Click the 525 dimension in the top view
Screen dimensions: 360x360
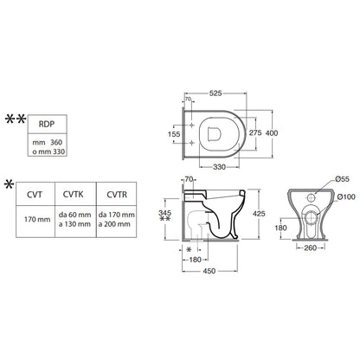click(215, 93)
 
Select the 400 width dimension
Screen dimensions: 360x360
click(272, 133)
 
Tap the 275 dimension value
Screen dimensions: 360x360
click(255, 132)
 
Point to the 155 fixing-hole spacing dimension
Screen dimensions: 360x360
click(174, 134)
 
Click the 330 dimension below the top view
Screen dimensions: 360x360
click(219, 167)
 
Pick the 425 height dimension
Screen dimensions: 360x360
click(259, 214)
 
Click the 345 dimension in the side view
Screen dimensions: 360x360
click(164, 213)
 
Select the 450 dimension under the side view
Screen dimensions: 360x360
click(209, 271)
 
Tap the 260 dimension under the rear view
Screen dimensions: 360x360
click(310, 247)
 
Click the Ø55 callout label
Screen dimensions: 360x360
click(343, 179)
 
